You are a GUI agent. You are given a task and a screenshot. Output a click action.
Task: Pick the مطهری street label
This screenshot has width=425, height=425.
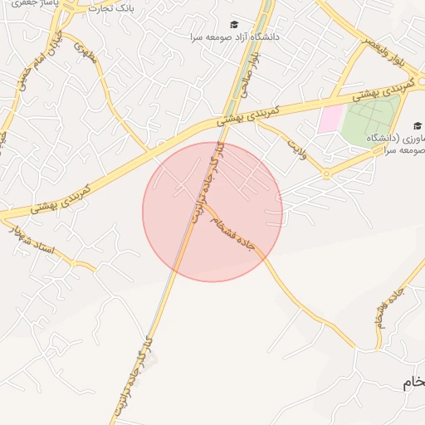[x=85, y=54]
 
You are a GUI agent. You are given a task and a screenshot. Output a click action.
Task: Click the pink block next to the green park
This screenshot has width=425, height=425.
[x=330, y=118]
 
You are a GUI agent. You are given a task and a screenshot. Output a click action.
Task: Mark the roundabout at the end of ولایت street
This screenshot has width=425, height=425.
[x=326, y=174]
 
